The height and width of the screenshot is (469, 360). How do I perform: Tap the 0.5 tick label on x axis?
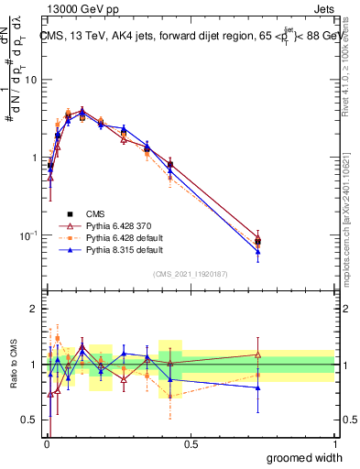(x=190, y=443)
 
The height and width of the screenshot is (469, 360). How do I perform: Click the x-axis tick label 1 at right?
(x=333, y=443)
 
